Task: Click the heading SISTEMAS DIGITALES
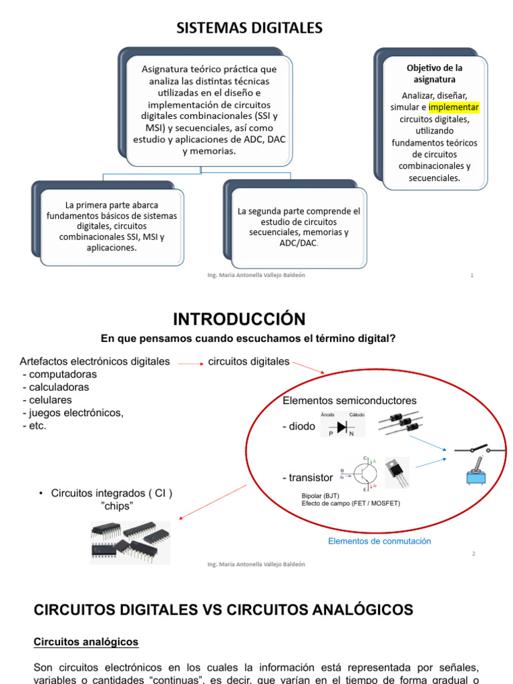point(248,27)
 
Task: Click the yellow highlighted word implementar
point(454,107)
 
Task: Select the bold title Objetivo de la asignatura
point(434,73)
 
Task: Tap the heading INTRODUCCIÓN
point(238,318)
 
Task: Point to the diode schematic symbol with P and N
point(343,427)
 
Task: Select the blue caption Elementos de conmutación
point(379,541)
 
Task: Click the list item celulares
point(49,399)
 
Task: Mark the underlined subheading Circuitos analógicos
point(86,642)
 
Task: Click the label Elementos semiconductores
point(349,400)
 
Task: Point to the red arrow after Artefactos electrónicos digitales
point(190,363)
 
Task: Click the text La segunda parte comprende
point(299,211)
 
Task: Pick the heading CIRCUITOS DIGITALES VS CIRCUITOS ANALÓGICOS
point(224,609)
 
